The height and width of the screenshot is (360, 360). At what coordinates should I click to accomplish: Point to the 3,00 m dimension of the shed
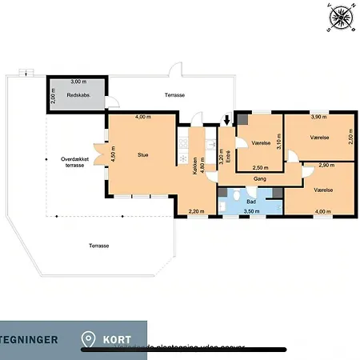pos(78,82)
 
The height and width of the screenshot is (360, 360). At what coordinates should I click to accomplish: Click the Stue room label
pos(143,154)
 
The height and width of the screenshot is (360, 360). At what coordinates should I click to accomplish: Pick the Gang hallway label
pos(260,179)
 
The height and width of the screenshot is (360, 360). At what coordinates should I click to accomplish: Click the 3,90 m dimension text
pos(317,118)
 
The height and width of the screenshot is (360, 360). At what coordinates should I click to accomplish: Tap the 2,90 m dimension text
pos(326,164)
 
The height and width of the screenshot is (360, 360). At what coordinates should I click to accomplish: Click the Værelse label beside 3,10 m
pos(261,143)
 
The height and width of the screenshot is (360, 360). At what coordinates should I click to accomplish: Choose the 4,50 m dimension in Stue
pos(114,154)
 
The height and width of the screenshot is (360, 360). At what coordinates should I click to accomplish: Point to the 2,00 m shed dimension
pos(53,96)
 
